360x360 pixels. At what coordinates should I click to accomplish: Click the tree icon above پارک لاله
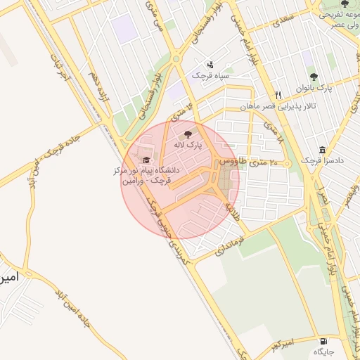[x=188, y=133]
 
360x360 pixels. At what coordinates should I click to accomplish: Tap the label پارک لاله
[x=188, y=144]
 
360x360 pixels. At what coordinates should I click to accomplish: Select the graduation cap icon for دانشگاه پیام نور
[x=146, y=160]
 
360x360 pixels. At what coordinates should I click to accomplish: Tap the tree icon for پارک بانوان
[x=314, y=77]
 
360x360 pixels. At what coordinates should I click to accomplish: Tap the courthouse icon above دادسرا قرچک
[x=322, y=150]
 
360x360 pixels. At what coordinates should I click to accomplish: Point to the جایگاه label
[x=323, y=350]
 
